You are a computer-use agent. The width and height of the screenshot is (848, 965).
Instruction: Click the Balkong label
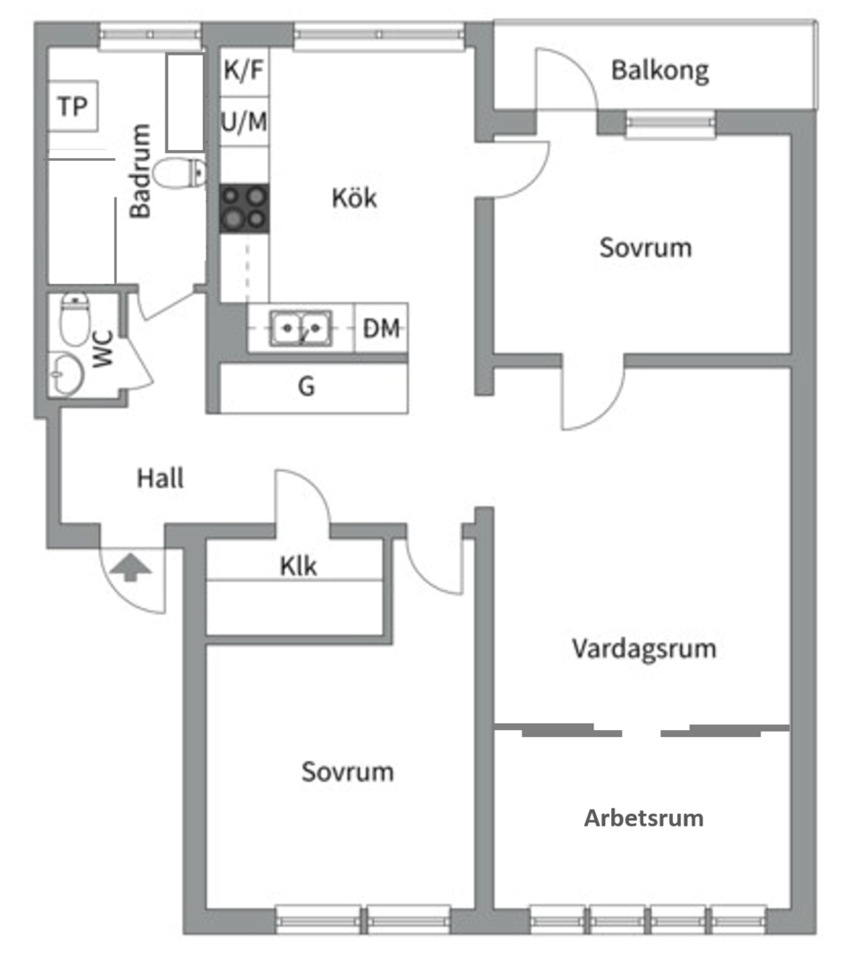coord(659,71)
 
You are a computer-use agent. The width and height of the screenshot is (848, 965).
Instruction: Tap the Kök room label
coord(354,197)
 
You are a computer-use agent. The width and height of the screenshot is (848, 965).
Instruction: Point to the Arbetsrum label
coord(643,818)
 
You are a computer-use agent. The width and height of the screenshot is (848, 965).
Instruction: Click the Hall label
coord(160,478)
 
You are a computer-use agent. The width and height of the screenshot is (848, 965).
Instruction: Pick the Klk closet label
coord(298,566)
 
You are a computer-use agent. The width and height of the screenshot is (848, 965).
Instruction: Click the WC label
coord(103,350)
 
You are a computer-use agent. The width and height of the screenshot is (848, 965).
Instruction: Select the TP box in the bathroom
coord(72,107)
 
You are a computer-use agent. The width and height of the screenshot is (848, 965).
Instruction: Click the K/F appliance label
coord(244,71)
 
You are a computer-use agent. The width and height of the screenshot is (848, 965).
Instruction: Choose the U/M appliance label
coord(244,122)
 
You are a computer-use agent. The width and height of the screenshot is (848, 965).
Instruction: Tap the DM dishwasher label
coord(382,329)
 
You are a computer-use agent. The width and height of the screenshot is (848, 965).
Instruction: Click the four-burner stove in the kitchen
coord(245,207)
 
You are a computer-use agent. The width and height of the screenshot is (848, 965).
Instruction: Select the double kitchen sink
coord(301,328)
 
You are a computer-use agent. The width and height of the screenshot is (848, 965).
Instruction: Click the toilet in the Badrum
coord(179,172)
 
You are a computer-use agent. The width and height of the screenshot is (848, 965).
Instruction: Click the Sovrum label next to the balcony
coord(644,248)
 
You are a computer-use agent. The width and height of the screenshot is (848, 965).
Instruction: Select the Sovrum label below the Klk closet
coord(347,771)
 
